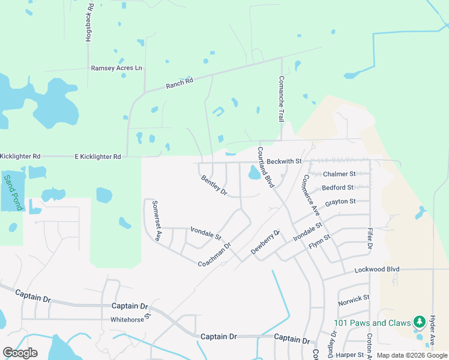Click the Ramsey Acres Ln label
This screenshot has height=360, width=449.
116,68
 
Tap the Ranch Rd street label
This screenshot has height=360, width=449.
179,84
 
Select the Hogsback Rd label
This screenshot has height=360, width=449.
89,24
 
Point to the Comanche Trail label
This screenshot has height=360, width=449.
280,99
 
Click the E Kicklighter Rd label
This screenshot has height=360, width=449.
97,156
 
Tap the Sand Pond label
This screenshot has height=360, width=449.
13,191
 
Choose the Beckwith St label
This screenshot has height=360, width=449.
284,162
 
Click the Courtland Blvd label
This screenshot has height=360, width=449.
265,167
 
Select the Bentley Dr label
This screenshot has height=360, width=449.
214,185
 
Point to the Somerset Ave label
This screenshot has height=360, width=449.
157,220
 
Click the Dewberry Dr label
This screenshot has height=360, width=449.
265,242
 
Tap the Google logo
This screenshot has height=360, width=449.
20,353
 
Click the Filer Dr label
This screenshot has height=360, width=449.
370,238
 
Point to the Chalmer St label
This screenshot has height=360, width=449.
339,174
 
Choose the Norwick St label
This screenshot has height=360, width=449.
354,298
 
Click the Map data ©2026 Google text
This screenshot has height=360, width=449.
412,355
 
